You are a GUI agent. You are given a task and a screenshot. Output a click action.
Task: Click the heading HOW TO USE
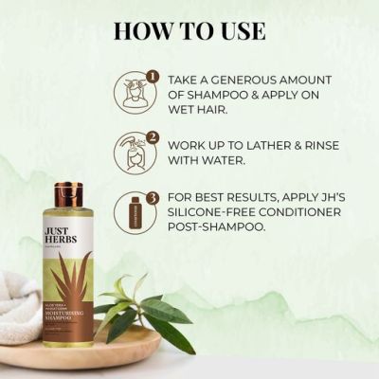[x=189, y=29]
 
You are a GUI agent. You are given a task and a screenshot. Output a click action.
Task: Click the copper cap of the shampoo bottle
[x=67, y=195]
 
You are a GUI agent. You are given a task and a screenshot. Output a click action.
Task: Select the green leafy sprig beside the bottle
[x=142, y=303]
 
